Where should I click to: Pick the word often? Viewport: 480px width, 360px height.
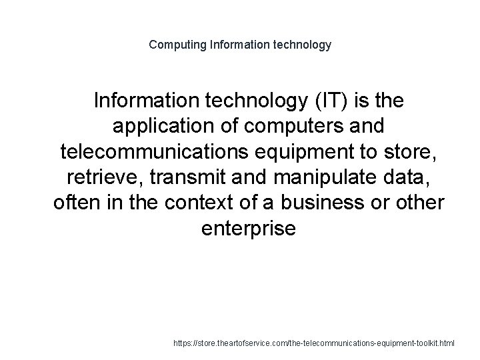tap(74, 203)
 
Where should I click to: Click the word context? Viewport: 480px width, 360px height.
tap(184, 203)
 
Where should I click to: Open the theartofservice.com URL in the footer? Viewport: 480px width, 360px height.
tap(313, 343)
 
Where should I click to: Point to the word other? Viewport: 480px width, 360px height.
tap(415, 203)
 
